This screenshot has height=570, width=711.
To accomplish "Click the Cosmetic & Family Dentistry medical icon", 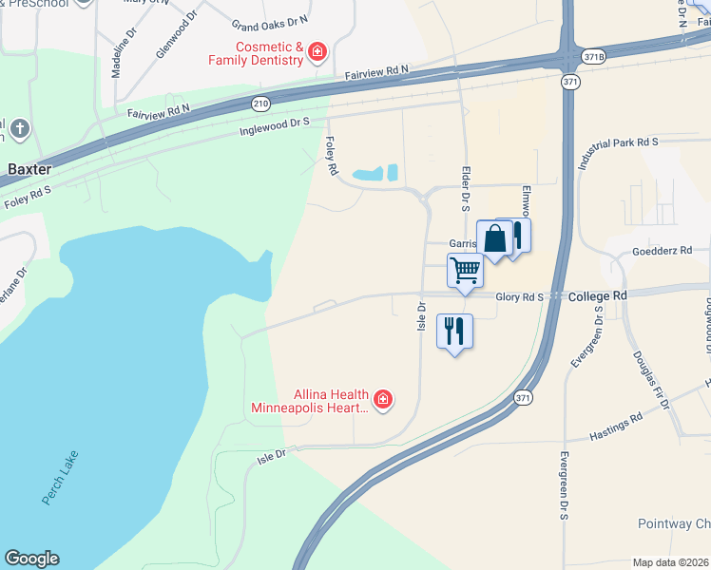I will coord(317,50).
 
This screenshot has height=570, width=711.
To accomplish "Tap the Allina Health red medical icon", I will coord(383,400).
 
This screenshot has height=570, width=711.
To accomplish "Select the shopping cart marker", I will coord(465,271).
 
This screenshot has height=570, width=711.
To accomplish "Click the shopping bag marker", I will coord(494,238).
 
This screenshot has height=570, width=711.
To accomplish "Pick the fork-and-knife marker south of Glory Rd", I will coord(454,332).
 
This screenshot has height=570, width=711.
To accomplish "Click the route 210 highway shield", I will coord(259,102).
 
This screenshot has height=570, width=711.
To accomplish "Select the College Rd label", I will coord(598,296).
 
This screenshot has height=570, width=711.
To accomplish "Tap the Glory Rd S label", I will coord(520,296).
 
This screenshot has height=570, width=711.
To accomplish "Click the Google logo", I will coord(31,559).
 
